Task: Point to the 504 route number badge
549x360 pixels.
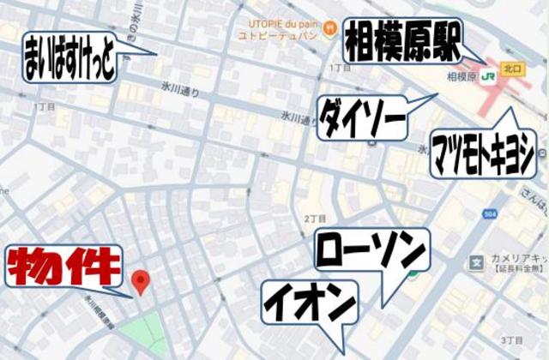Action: click(489, 213)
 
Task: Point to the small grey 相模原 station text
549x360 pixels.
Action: click(462, 76)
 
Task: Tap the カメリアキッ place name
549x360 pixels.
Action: click(519, 259)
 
